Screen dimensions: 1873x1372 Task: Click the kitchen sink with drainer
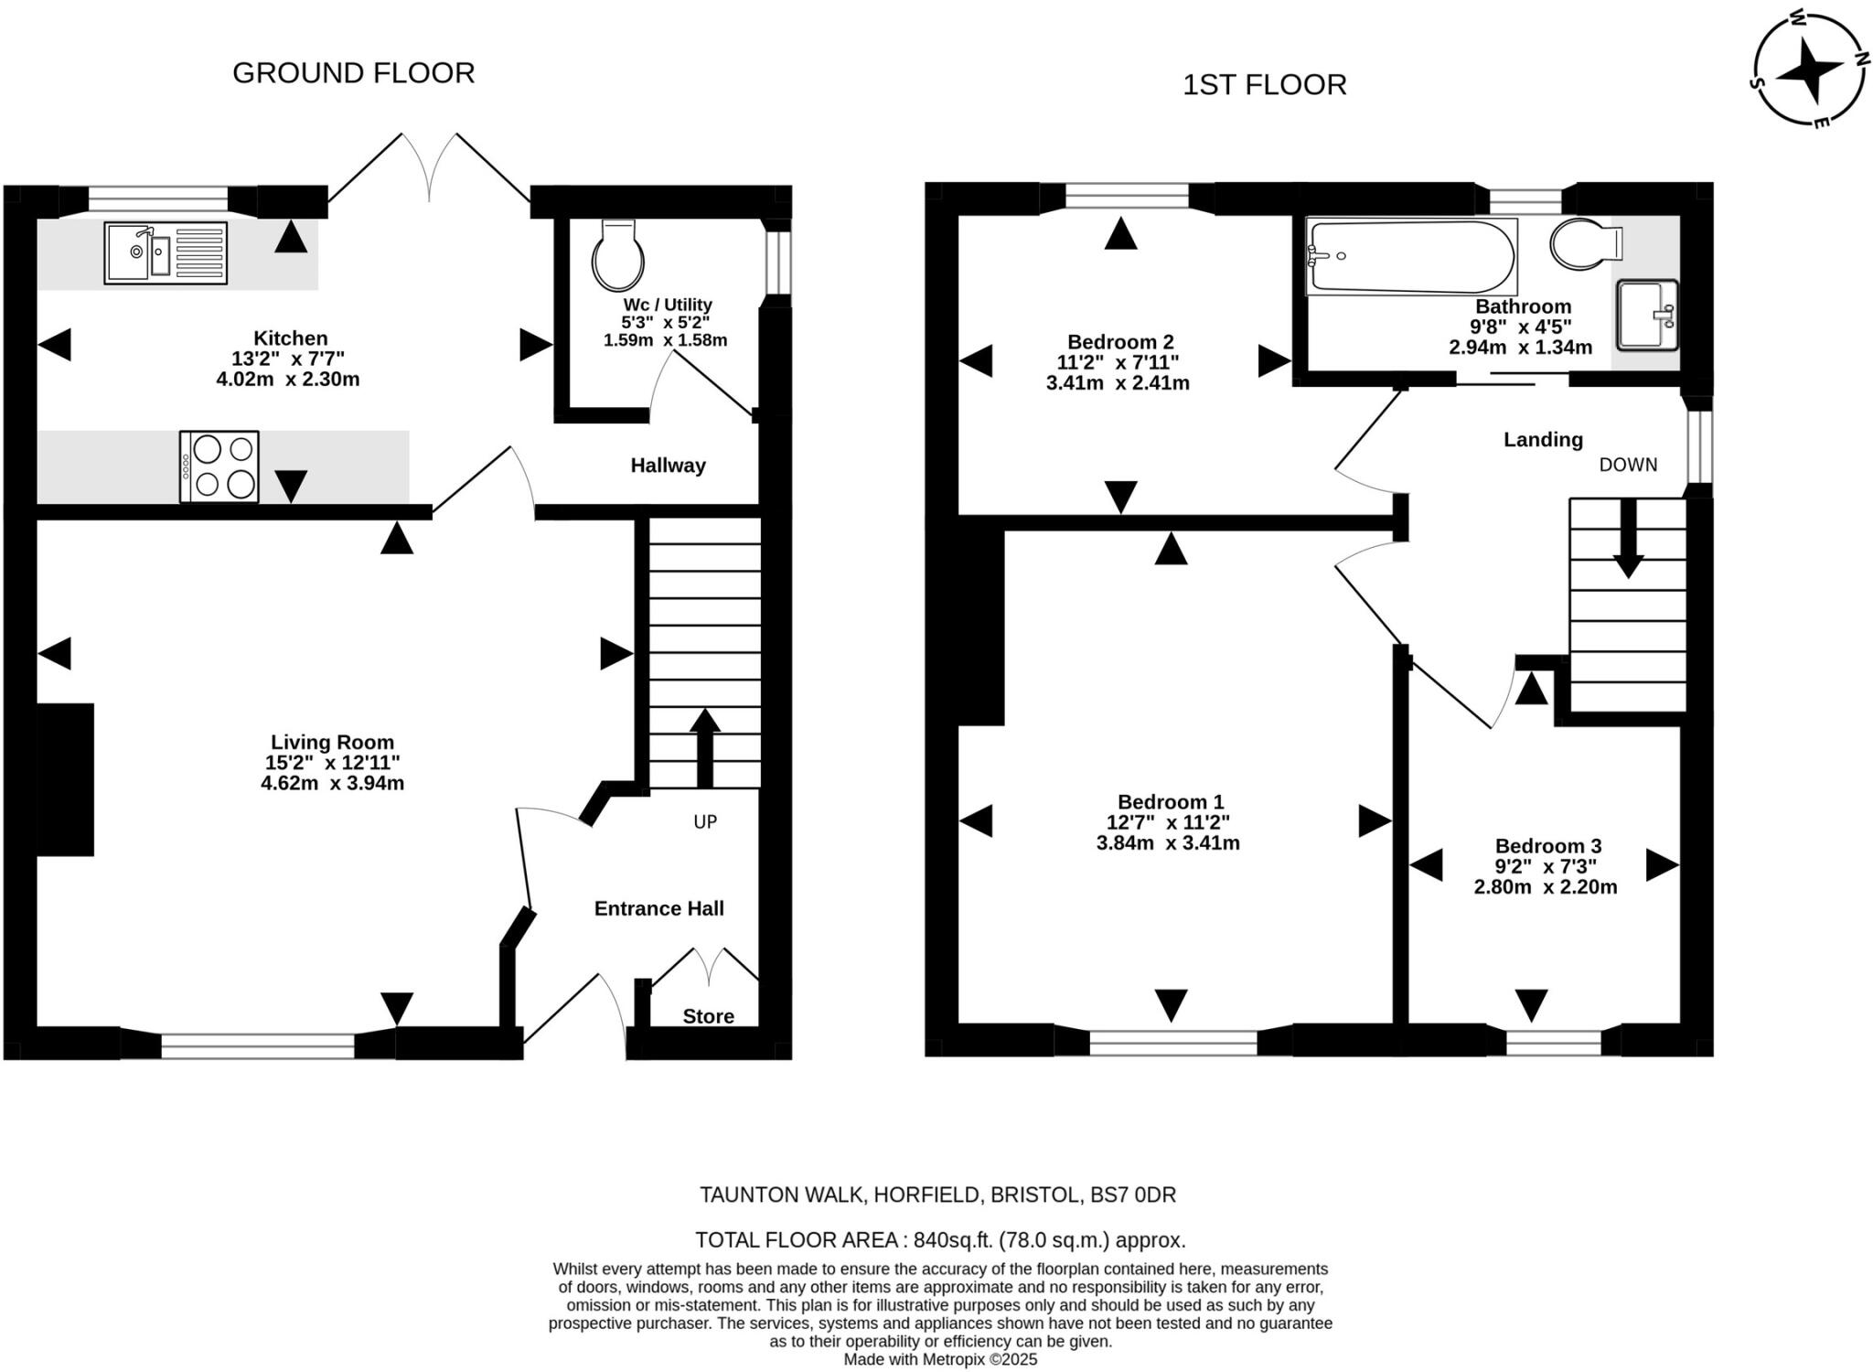pos(166,252)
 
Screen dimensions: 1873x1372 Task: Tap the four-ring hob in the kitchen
pos(219,466)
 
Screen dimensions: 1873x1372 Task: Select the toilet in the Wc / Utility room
pos(618,254)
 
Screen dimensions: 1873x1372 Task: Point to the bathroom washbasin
pos(1648,316)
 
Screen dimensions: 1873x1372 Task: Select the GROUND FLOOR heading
pos(354,73)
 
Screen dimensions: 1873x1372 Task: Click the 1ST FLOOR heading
pos(1265,85)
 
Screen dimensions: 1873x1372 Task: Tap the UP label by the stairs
pos(705,822)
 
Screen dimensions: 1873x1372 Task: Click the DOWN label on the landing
pos(1628,465)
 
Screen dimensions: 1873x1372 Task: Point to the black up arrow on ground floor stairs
pos(704,748)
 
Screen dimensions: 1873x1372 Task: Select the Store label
pos(709,1016)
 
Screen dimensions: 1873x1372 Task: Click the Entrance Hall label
pos(659,908)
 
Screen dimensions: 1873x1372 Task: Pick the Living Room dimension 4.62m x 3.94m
pos(333,783)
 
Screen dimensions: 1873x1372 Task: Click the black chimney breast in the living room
pos(66,779)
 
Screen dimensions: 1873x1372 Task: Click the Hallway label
pos(669,466)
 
